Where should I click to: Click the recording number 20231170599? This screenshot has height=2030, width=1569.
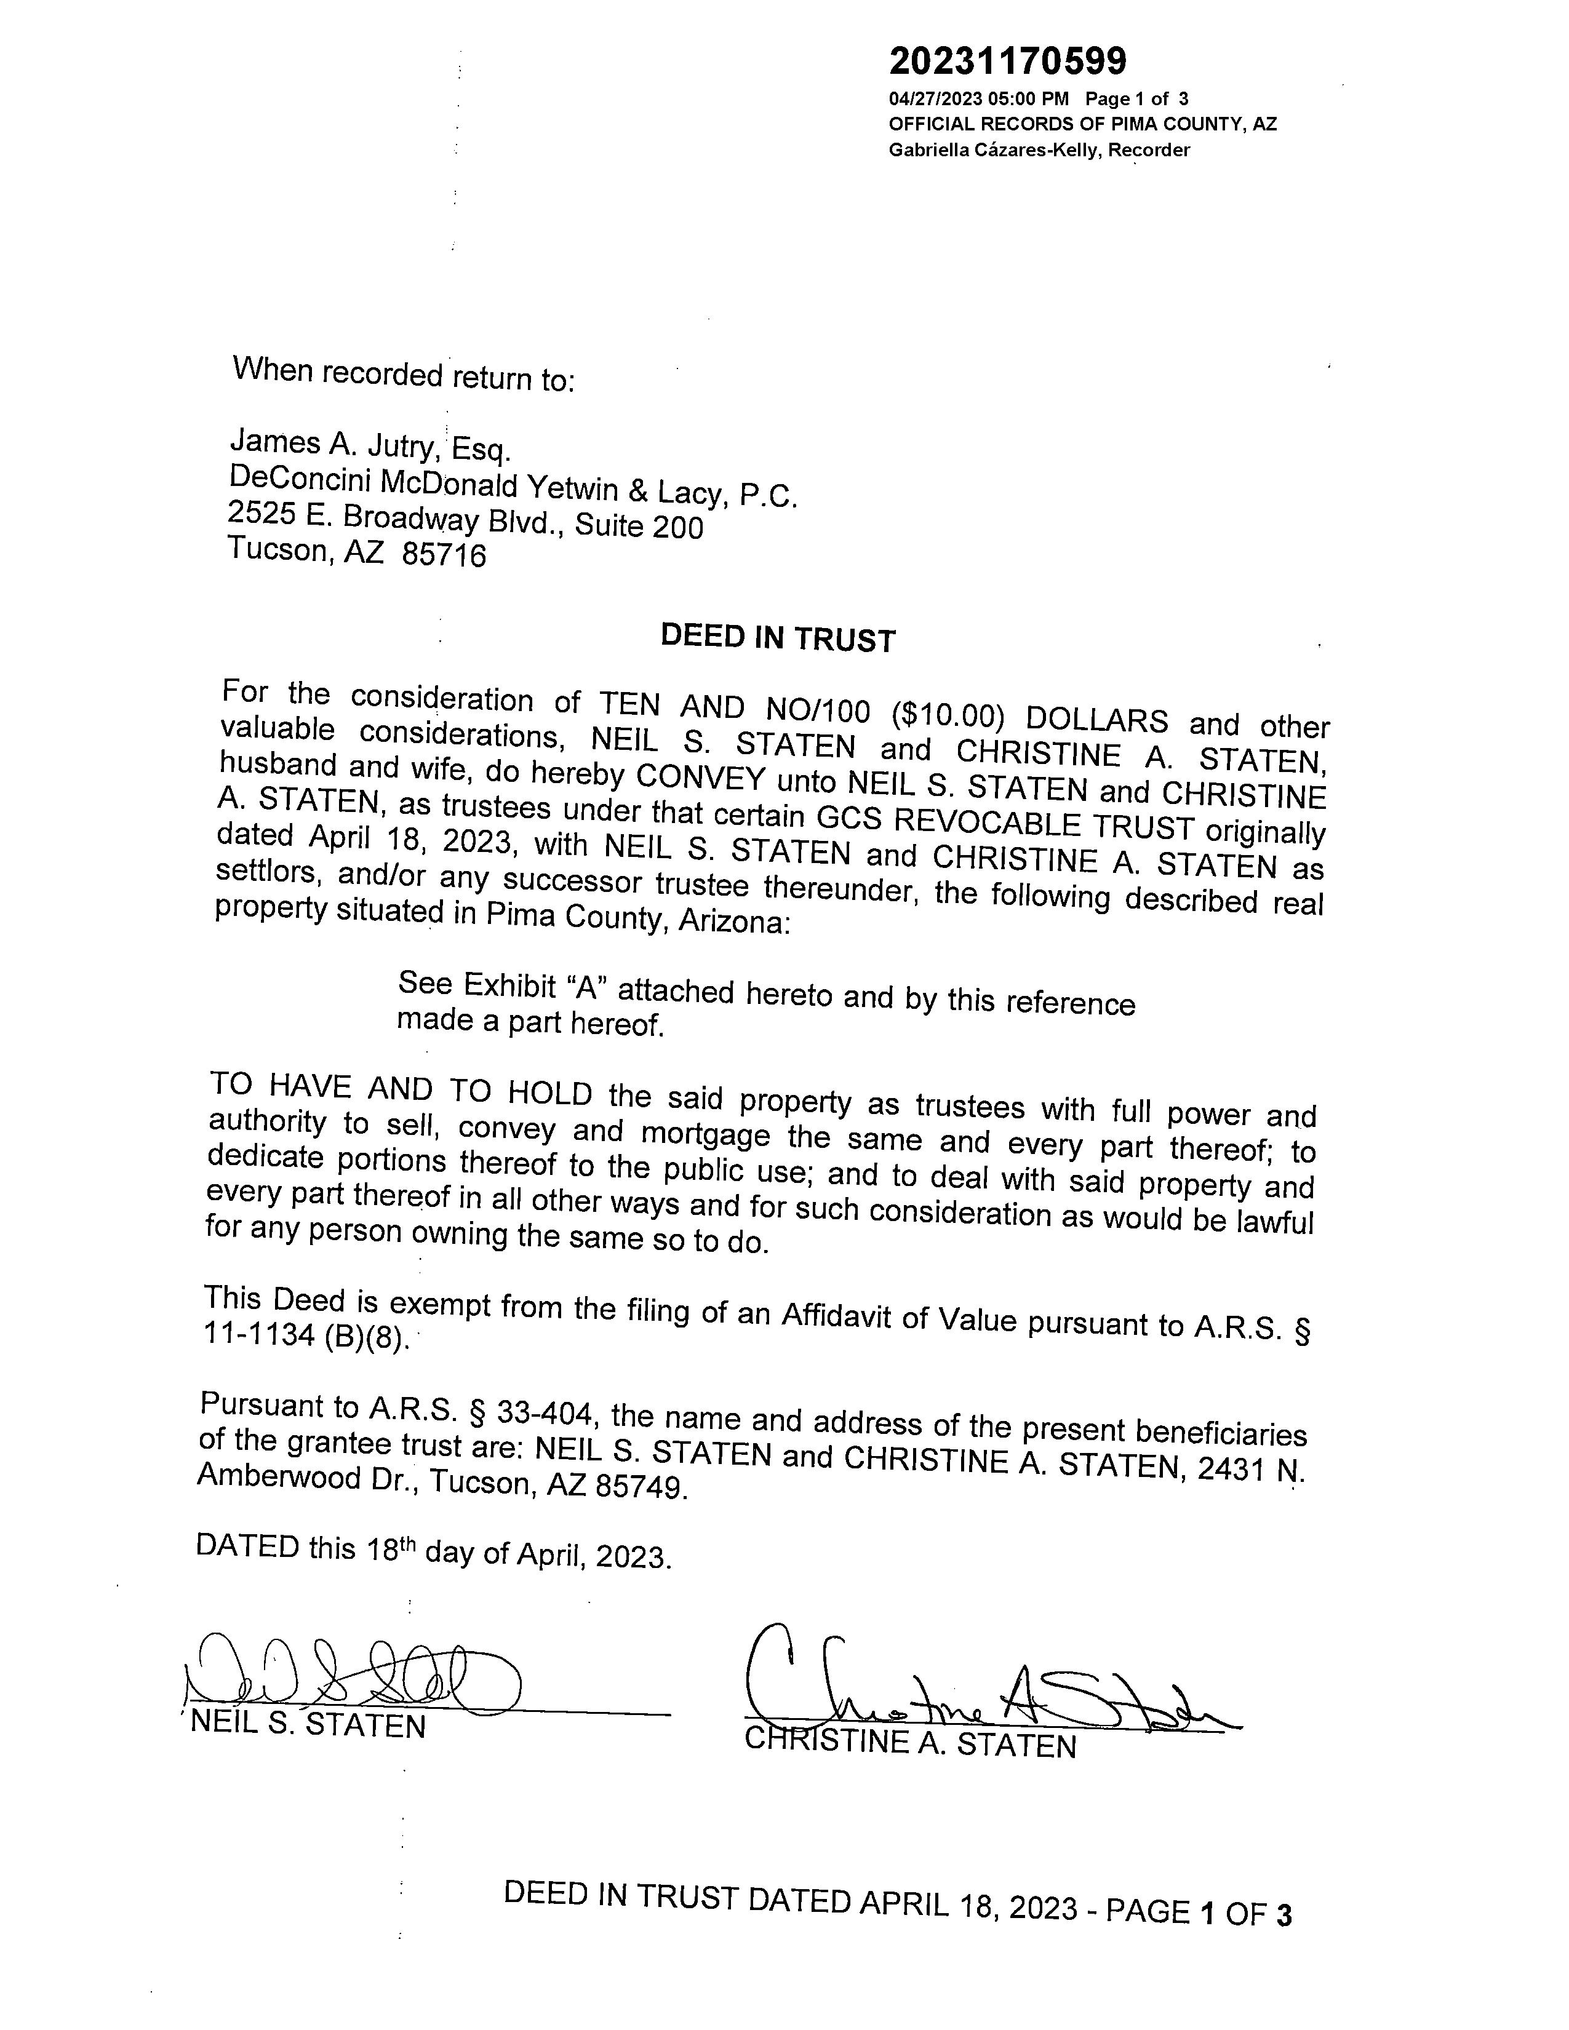point(1008,62)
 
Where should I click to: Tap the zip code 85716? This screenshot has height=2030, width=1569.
point(444,556)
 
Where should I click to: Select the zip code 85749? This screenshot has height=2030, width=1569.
point(641,1486)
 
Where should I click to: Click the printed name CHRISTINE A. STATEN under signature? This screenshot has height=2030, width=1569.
point(910,1744)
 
